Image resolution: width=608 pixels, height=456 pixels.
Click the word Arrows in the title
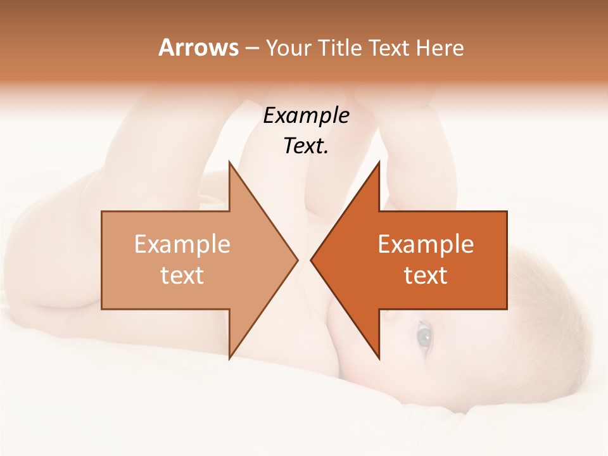coord(198,47)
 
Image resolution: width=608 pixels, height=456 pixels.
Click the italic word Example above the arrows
coord(307,116)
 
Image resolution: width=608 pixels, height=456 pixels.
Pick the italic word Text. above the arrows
coord(307,146)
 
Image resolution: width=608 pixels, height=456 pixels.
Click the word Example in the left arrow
coord(182,244)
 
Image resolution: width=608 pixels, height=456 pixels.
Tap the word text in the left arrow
coord(182,275)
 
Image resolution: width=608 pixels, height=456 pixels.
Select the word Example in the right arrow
coord(426,244)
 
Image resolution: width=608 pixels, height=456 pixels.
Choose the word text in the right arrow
coord(426,275)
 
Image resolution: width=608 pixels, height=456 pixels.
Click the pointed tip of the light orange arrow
coord(298,260)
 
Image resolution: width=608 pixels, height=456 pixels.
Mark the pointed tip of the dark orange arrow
coord(311,260)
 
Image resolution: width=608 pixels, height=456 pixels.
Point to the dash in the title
coord(251,48)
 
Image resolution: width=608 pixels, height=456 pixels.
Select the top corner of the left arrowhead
coord(229,161)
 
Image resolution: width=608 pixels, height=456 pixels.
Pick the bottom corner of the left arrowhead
coord(229,358)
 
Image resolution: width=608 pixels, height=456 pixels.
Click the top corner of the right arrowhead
coord(379,161)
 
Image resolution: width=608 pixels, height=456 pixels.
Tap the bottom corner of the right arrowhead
coord(379,358)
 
